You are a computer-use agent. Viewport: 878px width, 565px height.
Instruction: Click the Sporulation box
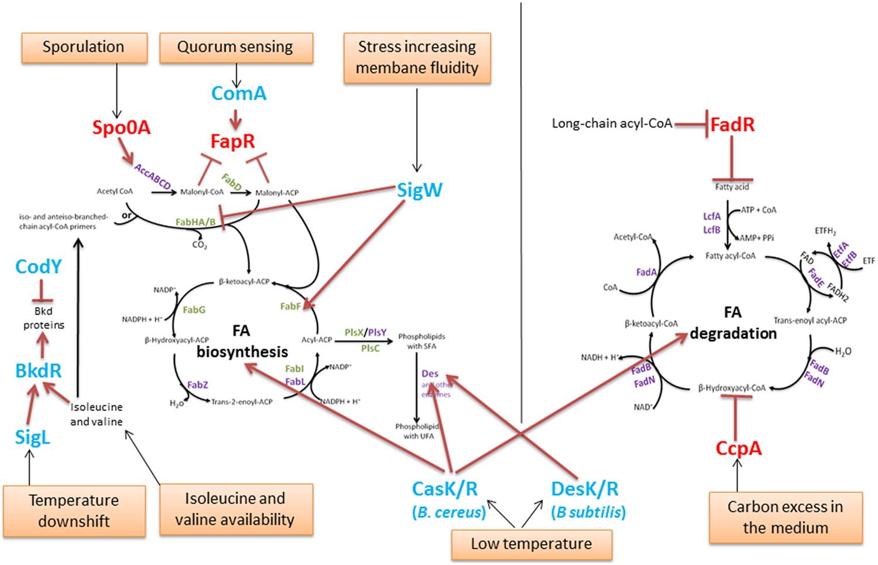coord(84,47)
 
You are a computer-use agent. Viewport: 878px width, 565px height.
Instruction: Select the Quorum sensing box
coord(235,47)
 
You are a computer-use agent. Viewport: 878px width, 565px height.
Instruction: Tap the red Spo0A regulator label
coord(121,128)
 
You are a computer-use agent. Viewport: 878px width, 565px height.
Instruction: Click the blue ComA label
coord(239,93)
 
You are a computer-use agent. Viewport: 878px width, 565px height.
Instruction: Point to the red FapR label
coord(232,141)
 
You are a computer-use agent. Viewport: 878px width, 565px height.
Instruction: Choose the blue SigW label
coord(419,190)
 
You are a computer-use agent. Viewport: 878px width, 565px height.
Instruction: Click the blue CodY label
coord(38,267)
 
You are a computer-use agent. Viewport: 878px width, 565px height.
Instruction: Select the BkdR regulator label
coord(38,370)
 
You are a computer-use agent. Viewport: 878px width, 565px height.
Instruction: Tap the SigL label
coord(32,437)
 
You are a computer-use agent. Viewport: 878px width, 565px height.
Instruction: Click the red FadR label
coord(732,125)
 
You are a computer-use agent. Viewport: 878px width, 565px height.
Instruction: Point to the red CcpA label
coord(738,448)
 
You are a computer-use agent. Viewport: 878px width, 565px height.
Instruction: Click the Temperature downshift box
coord(74,510)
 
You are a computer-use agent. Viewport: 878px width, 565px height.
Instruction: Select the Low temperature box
coord(531,544)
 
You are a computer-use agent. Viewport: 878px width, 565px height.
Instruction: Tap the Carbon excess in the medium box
coord(785,517)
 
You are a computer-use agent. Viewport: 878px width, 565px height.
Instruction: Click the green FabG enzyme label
coord(194,309)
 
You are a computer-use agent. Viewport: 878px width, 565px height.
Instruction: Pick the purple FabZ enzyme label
coord(197,384)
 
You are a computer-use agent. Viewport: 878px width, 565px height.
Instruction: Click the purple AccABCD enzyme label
coord(152,176)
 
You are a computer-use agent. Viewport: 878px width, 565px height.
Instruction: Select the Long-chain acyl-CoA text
coord(612,124)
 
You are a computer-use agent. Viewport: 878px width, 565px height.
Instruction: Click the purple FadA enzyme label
coord(646,272)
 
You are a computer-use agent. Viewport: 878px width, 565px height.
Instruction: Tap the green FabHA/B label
coord(196,222)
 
